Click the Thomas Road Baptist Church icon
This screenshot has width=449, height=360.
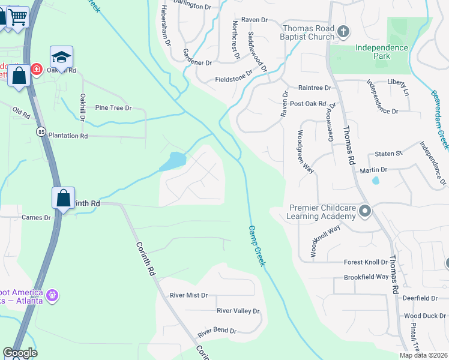[x=343, y=31]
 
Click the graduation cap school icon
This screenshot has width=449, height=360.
[x=61, y=57]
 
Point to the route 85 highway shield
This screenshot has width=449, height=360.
[x=40, y=130]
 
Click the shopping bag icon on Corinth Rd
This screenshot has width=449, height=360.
[x=63, y=197]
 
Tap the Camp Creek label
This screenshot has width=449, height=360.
[x=257, y=246]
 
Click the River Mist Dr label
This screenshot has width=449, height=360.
[x=188, y=295]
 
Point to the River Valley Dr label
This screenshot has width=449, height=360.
[x=238, y=311]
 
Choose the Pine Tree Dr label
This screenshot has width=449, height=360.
[x=113, y=108]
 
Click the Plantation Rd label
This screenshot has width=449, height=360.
[x=68, y=136]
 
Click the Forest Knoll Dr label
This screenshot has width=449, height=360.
[x=366, y=262]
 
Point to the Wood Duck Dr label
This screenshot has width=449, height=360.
[x=424, y=316]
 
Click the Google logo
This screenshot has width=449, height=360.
[x=20, y=353]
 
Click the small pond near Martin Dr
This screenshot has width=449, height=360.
[x=375, y=180]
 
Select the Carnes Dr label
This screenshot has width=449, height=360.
[x=36, y=217]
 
